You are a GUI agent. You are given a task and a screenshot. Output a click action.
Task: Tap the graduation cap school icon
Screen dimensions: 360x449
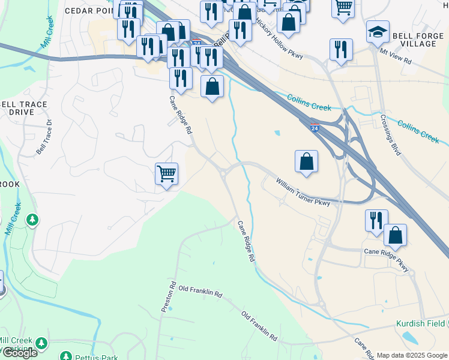378,32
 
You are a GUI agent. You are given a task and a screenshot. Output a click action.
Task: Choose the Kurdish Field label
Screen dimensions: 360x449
421,323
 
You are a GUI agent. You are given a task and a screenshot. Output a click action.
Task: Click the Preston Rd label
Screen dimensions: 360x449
167,297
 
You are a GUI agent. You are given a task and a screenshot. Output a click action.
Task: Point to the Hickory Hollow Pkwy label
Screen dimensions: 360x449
280,40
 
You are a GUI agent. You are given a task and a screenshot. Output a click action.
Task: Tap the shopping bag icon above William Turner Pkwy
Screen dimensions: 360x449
306,161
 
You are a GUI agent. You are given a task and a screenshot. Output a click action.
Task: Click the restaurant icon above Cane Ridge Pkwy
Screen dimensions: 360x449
376,220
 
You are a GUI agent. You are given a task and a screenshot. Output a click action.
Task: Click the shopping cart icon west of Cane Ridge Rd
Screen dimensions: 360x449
166,174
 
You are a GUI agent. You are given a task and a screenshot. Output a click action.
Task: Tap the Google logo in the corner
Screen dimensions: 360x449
19,353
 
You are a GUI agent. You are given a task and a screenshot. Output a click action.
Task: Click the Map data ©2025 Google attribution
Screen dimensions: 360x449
412,355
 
